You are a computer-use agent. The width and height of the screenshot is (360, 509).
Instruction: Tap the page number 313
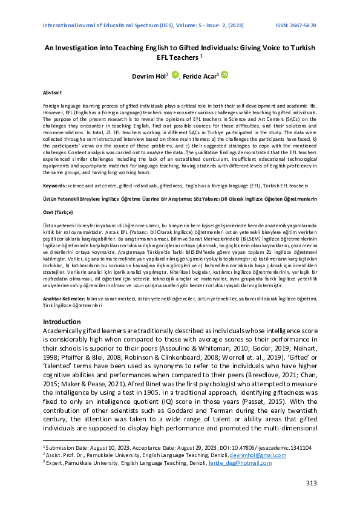tap(312, 482)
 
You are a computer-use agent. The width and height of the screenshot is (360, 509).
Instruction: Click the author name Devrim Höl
tap(149, 76)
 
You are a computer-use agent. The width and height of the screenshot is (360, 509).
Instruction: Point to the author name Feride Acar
tap(201, 76)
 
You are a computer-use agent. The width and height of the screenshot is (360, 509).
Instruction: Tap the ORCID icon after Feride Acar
tap(224, 75)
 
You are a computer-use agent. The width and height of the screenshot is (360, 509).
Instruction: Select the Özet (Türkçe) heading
tap(58, 213)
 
